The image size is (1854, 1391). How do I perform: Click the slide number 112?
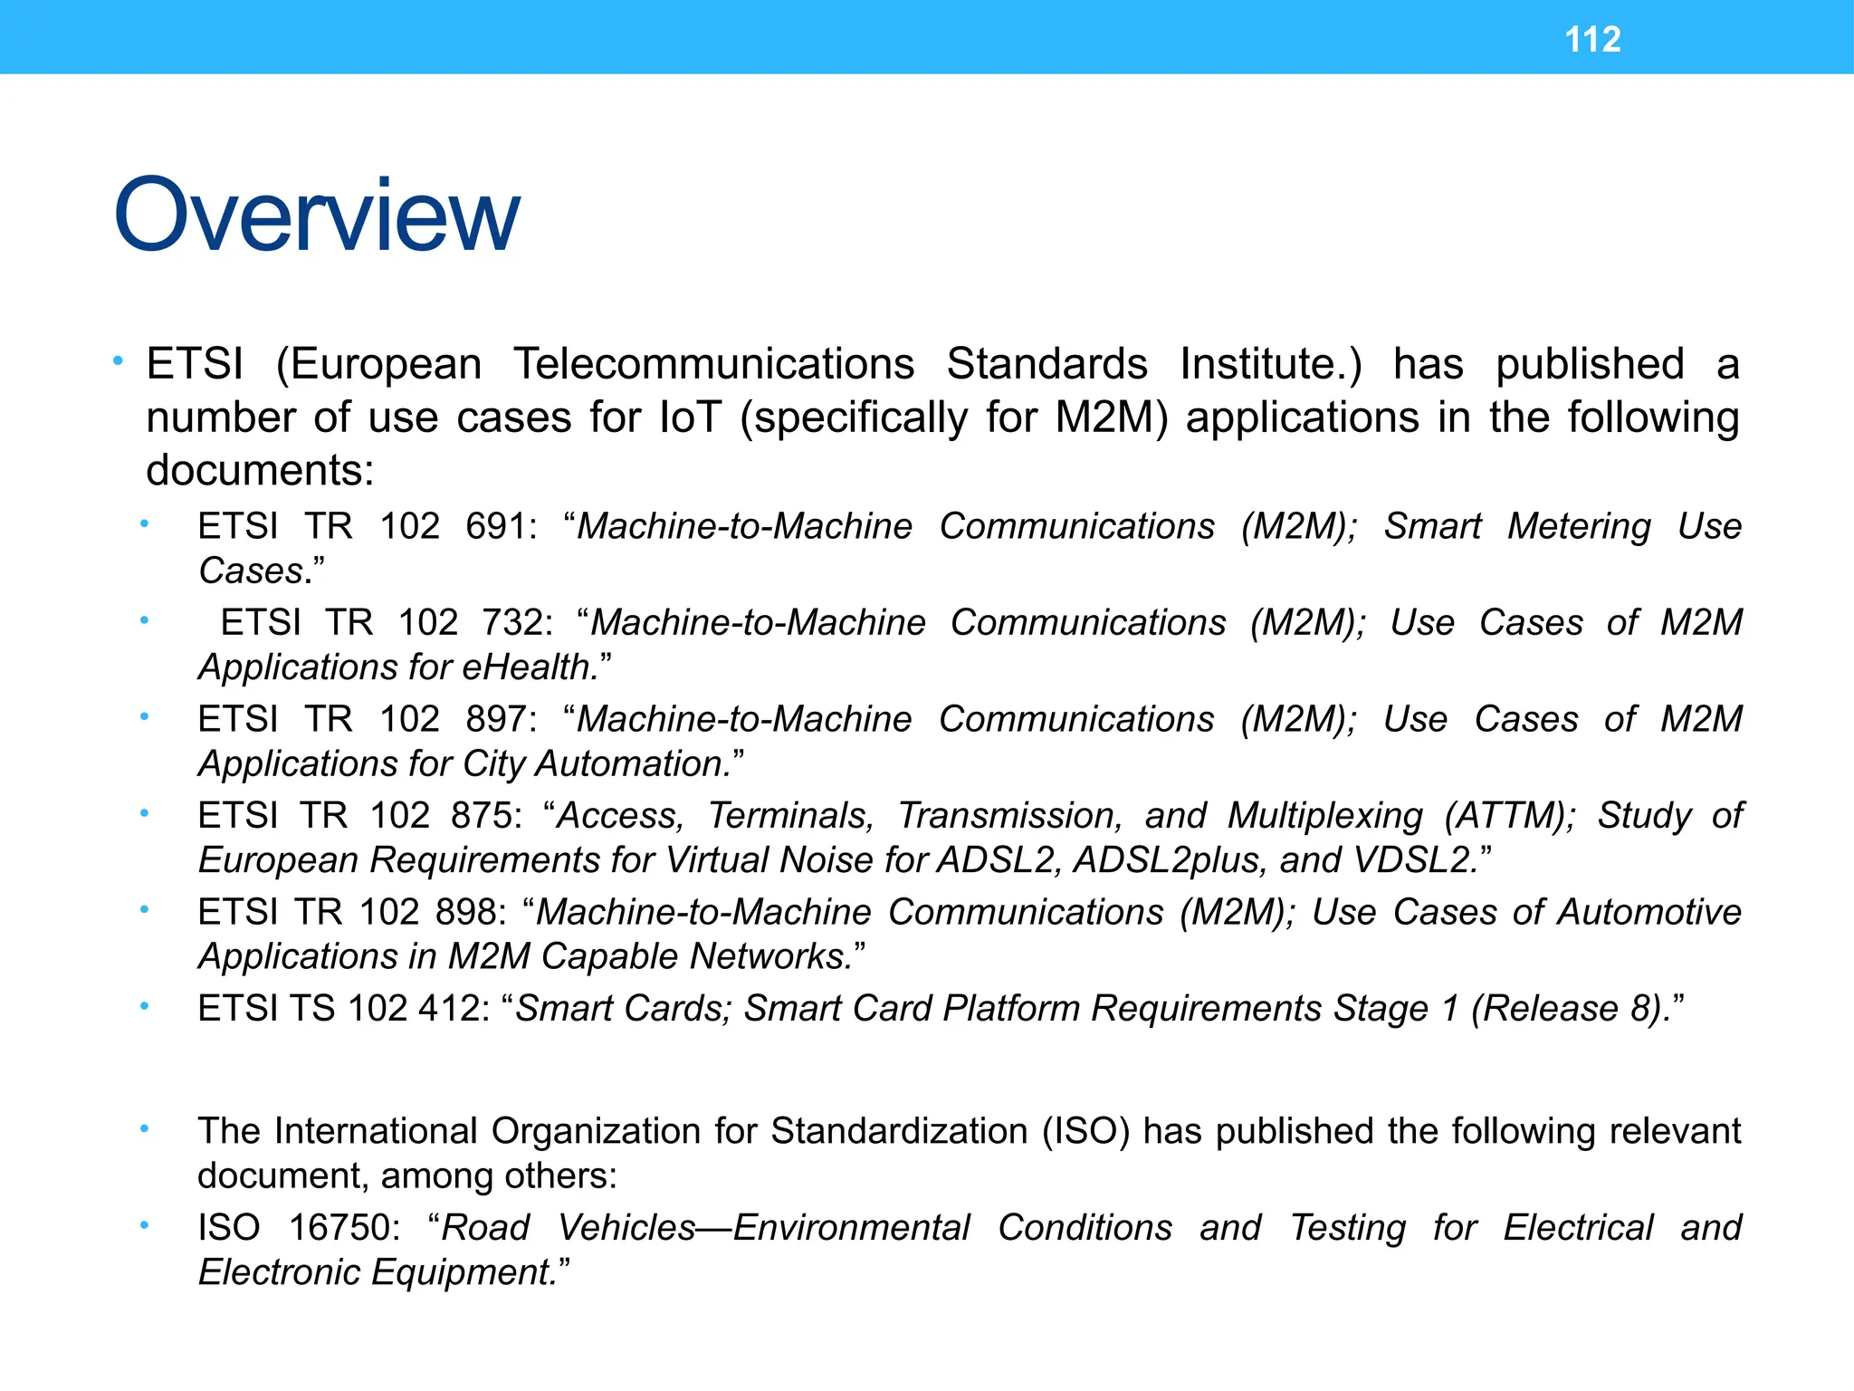tap(1592, 40)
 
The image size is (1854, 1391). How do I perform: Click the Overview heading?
tap(317, 216)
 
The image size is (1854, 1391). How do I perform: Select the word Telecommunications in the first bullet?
tap(714, 364)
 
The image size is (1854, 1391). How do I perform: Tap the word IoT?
tap(691, 417)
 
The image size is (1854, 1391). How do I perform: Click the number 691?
tap(501, 526)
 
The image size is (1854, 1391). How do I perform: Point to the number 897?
tap(501, 719)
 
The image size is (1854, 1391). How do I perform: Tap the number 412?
tap(454, 1009)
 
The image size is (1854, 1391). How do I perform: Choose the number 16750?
tap(344, 1228)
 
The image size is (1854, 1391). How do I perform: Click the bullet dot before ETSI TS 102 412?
tap(144, 1006)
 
